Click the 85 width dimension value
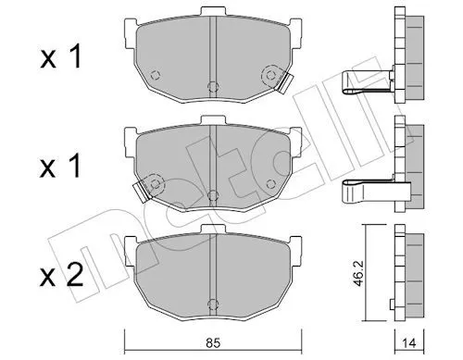[x=213, y=343]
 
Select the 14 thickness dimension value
[x=409, y=343]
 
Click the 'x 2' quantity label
[x=62, y=276]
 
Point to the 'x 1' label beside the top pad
[x=61, y=56]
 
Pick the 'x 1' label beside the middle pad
[x=61, y=167]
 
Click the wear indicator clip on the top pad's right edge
[x=285, y=83]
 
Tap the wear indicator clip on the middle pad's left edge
[x=141, y=192]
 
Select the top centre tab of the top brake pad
[x=213, y=12]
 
